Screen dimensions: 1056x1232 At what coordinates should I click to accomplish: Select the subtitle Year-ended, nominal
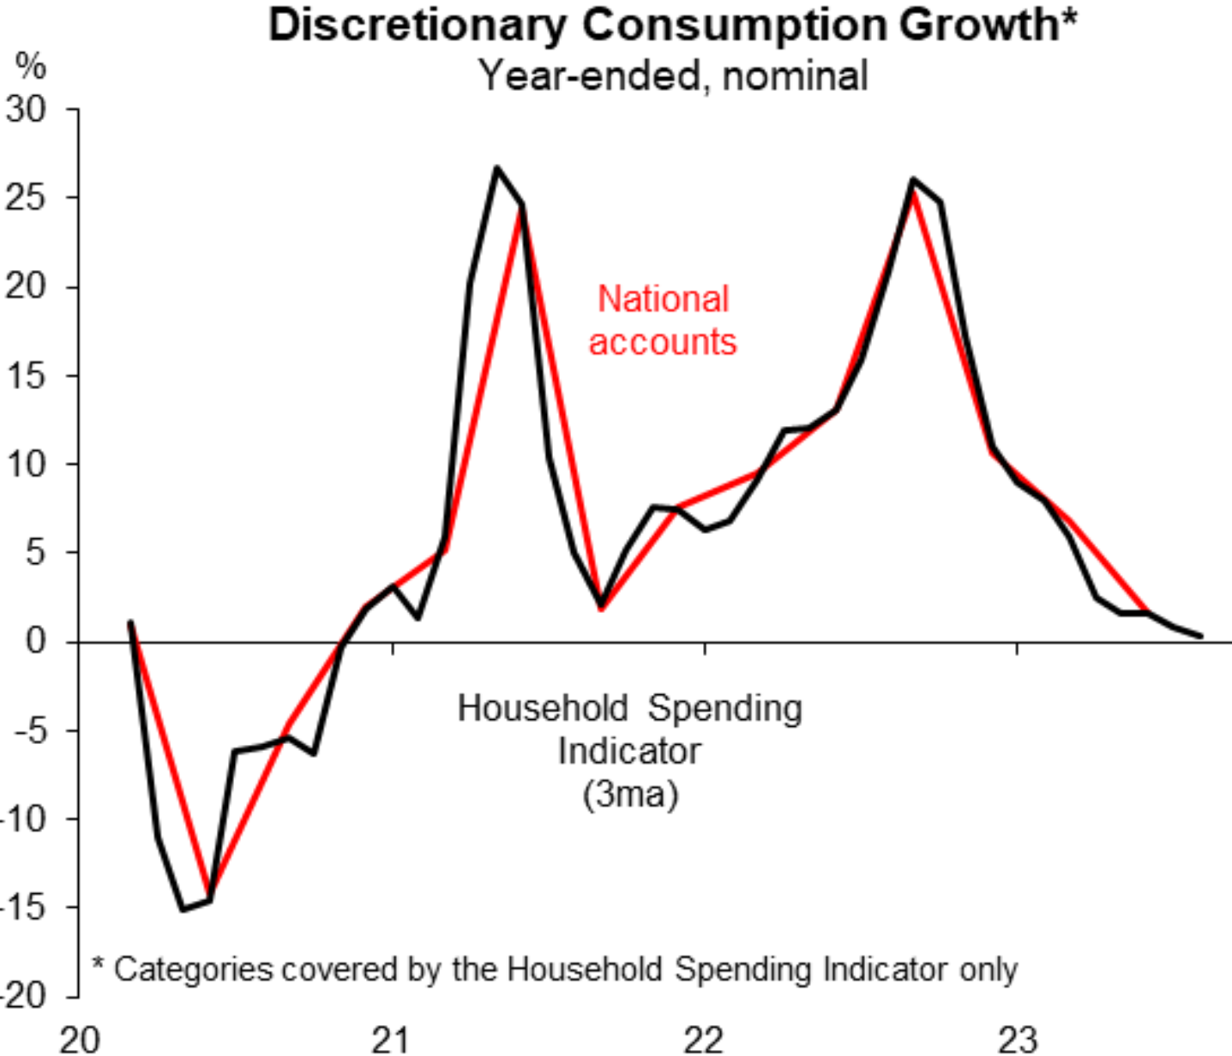click(x=672, y=75)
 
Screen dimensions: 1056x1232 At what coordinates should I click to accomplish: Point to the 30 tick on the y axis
click(x=26, y=110)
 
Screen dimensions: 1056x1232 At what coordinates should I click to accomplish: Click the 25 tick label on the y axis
click(x=26, y=198)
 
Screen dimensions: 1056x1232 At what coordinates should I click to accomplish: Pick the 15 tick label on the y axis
click(x=26, y=375)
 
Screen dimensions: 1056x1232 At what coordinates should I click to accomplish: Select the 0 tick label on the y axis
click(x=35, y=640)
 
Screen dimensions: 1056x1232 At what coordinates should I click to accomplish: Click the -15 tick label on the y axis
click(x=21, y=906)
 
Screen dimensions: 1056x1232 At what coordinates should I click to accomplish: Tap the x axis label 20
click(x=80, y=1040)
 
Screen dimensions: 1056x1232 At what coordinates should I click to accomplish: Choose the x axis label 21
click(x=392, y=1040)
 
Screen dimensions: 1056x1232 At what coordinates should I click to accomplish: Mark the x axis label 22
click(x=704, y=1040)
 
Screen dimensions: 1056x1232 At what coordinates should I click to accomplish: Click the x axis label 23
click(x=1017, y=1040)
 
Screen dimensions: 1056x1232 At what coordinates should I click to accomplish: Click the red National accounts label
click(x=663, y=321)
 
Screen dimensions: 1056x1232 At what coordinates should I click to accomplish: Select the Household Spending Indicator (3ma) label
click(x=630, y=751)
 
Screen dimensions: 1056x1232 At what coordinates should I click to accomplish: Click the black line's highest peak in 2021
click(x=496, y=167)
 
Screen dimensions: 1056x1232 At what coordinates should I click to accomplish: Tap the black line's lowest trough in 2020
click(x=183, y=909)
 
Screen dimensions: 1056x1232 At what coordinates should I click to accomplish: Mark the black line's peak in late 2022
click(x=913, y=179)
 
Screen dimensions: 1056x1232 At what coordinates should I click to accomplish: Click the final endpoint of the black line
click(x=1200, y=636)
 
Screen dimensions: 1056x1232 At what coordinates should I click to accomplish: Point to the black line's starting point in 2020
click(x=130, y=621)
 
